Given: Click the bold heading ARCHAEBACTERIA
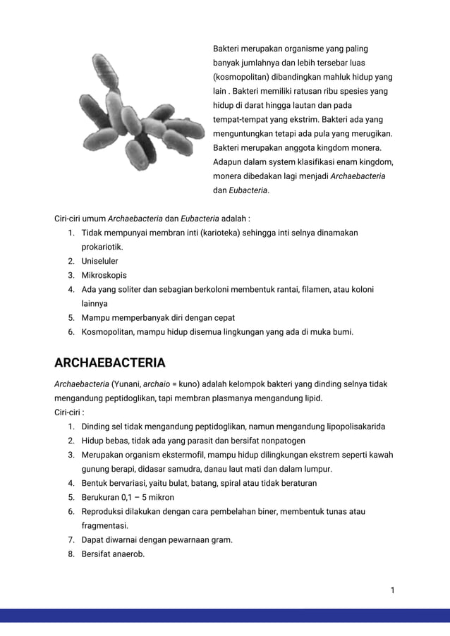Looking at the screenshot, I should click(109, 363).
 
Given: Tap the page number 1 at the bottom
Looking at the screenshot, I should click(392, 589).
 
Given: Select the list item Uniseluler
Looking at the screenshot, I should click(99, 262).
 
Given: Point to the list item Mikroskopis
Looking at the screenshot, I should click(104, 276).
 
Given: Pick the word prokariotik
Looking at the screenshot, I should click(102, 247).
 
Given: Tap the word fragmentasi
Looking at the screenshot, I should click(104, 526).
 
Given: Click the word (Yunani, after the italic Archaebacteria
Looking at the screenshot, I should click(126, 384).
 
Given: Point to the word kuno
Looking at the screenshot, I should click(183, 384).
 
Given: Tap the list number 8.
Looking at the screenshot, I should click(71, 554).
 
